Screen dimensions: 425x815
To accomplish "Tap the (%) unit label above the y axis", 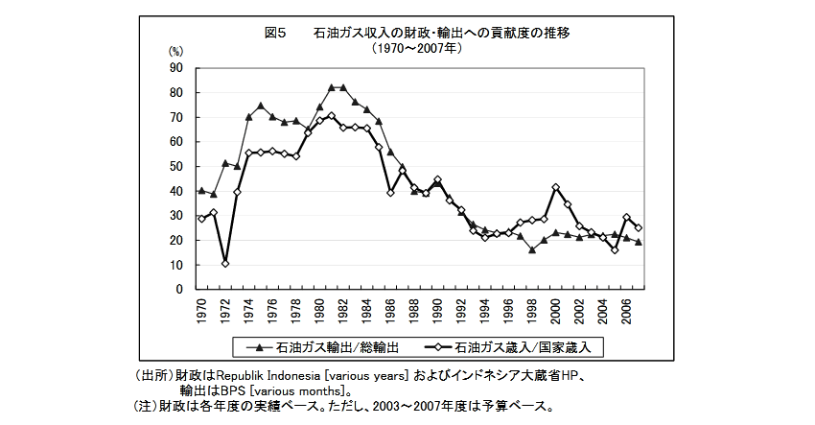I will pos(175,51).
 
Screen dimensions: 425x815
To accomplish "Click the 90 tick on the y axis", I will pos(175,67).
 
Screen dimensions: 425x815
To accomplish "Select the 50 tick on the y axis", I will pos(175,166).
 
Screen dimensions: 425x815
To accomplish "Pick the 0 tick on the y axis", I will pos(179,289).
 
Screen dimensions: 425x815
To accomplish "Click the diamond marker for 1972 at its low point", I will pos(224,263).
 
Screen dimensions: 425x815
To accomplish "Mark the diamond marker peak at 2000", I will pos(556,187).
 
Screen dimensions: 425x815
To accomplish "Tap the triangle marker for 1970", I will pos(201,190).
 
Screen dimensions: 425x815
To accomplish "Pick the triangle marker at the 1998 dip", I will pos(532,249).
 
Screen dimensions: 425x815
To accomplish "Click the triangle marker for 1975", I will pos(260,106).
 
